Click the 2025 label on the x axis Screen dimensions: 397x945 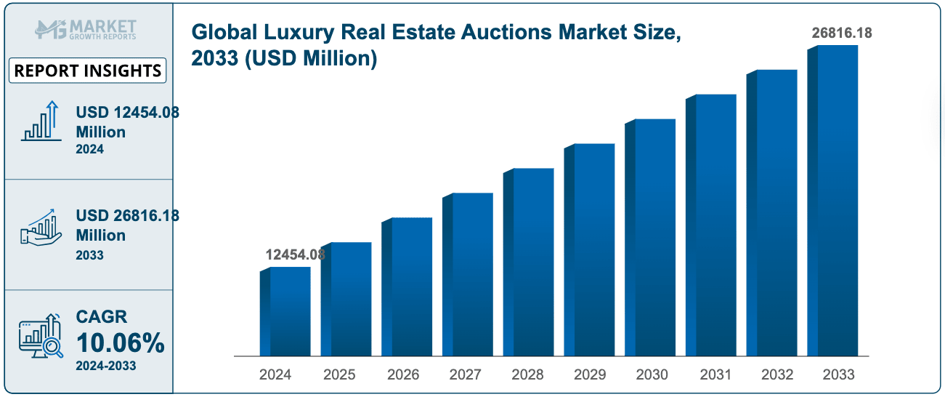[339, 375]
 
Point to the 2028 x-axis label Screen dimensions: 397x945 [527, 375]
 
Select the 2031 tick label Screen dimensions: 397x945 [715, 375]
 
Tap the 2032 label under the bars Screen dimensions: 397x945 [777, 375]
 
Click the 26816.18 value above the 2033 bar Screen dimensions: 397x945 [841, 33]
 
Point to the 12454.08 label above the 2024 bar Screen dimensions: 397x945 [294, 254]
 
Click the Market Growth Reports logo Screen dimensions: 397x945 [86, 30]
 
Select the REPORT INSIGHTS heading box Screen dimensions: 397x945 [88, 71]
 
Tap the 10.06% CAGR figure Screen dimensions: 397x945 [120, 343]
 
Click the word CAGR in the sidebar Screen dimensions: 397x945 [102, 317]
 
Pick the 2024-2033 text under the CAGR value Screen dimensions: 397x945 [105, 366]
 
